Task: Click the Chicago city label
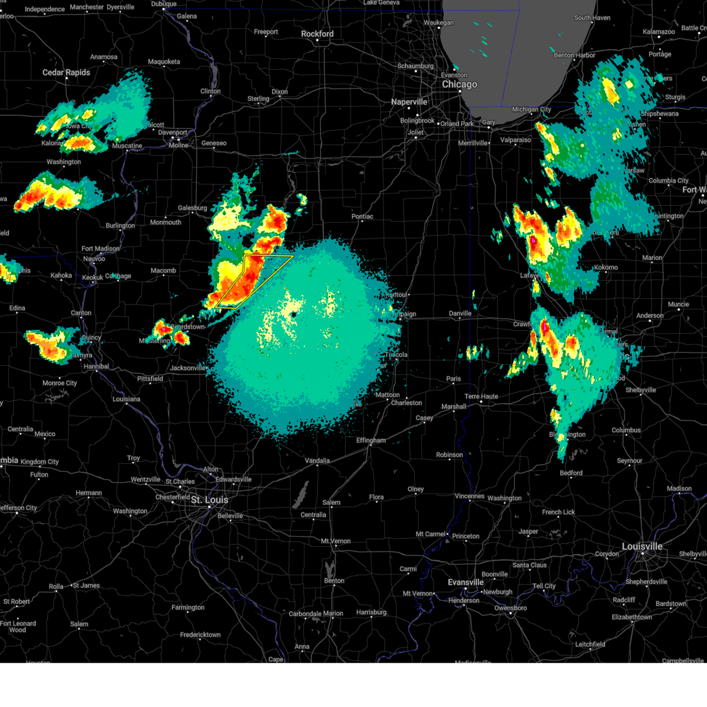[460, 84]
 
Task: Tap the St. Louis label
[209, 500]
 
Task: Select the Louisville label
[642, 547]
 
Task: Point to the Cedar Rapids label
[66, 72]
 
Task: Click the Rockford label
[317, 34]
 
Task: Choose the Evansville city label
[465, 582]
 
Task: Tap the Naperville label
[409, 102]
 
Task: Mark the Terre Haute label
[481, 397]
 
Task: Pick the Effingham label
[371, 441]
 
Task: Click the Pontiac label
[362, 217]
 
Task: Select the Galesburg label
[192, 208]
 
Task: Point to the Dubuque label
[163, 4]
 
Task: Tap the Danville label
[460, 313]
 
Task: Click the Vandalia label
[317, 461]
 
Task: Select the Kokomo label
[606, 267]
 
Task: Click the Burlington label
[120, 226]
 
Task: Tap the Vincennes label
[470, 496]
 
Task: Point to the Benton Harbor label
[574, 55]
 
